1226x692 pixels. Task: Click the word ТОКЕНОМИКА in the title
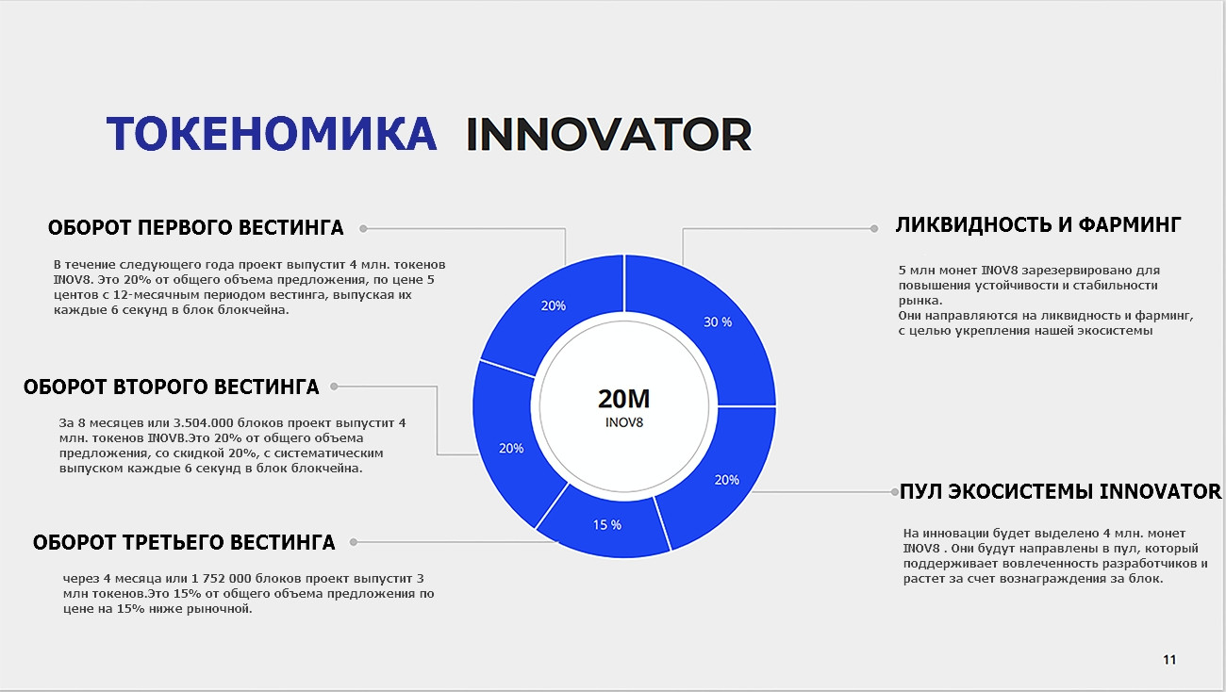(x=272, y=134)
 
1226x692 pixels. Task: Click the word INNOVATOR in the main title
(x=608, y=134)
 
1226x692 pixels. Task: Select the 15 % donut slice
(x=605, y=525)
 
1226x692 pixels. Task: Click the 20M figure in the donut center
(x=623, y=399)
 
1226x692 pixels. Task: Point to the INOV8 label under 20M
(x=624, y=422)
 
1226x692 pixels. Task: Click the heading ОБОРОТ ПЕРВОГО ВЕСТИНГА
(x=195, y=227)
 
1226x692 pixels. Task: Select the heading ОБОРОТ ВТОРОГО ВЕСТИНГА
(x=171, y=387)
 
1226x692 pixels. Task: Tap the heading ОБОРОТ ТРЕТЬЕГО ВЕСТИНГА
(x=184, y=543)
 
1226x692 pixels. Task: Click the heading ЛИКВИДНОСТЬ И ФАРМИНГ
(x=1038, y=224)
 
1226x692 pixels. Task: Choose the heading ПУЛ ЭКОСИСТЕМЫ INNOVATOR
(x=1060, y=491)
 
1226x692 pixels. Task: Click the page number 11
(x=1169, y=660)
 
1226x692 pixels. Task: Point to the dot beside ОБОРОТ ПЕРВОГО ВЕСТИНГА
(x=363, y=229)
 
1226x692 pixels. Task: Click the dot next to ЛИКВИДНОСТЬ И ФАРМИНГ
(x=874, y=229)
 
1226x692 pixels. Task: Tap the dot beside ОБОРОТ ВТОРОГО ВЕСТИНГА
(x=334, y=387)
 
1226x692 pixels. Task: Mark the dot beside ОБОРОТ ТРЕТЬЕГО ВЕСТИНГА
(x=354, y=542)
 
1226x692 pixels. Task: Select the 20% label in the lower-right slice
(x=727, y=480)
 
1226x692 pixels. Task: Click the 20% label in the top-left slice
(x=554, y=305)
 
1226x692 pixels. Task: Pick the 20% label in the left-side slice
(x=511, y=449)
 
